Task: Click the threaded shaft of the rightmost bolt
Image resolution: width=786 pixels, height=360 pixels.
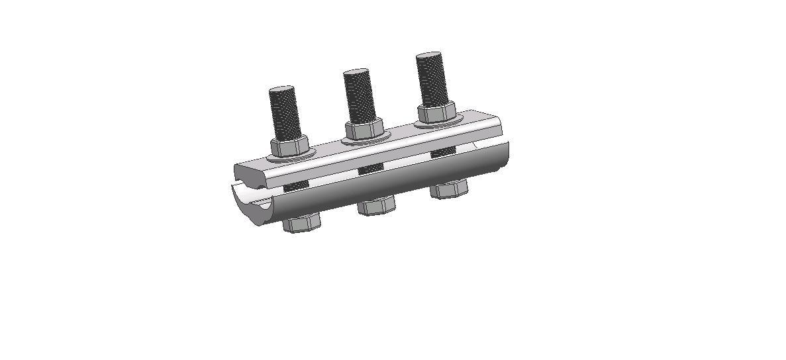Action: tap(432, 79)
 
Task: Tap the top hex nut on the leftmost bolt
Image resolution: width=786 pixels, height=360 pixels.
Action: tap(289, 147)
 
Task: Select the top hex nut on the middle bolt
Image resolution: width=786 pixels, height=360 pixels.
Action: tap(363, 130)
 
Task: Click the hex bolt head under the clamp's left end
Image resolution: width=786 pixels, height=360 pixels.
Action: tap(301, 222)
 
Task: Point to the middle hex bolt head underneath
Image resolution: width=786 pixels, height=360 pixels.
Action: tap(376, 206)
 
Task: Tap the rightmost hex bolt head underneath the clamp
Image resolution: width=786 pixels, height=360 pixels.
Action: tap(449, 190)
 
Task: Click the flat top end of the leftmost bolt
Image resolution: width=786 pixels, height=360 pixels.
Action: tap(282, 89)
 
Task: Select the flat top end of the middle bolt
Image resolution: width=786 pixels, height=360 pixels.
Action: tap(356, 71)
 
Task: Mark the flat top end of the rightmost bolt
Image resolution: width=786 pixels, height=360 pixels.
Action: tap(429, 55)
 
